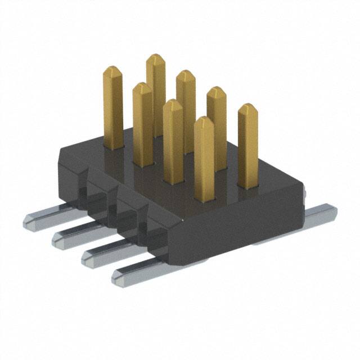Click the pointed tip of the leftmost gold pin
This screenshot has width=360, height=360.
pos(112,69)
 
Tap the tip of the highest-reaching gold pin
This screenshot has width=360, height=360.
pos(156,57)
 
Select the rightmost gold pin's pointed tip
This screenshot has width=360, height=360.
pos(247,107)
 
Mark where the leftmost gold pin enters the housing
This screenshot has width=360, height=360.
pos(114,146)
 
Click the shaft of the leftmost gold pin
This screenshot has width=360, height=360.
pos(113,110)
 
